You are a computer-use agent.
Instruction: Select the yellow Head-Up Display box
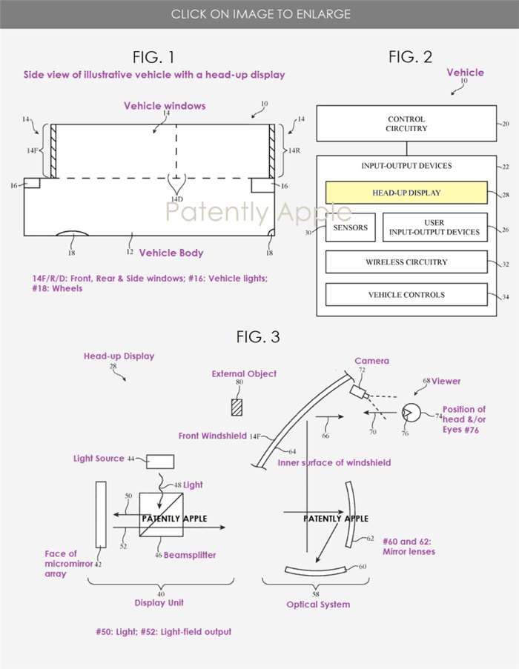click(x=406, y=193)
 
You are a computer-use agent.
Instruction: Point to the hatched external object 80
click(x=237, y=407)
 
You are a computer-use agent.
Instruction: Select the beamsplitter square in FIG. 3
click(x=162, y=515)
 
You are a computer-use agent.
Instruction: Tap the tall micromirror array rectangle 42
click(x=101, y=515)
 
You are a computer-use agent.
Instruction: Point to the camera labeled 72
click(x=359, y=392)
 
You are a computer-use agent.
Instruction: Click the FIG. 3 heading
click(x=258, y=337)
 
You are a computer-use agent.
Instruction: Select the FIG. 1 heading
click(x=153, y=57)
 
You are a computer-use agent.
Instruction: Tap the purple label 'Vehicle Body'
click(x=171, y=253)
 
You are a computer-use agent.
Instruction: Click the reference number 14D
click(x=177, y=199)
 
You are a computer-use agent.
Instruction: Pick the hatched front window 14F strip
click(x=53, y=151)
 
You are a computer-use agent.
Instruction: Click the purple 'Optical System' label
click(x=318, y=605)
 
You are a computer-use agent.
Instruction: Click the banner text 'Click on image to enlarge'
click(x=261, y=14)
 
